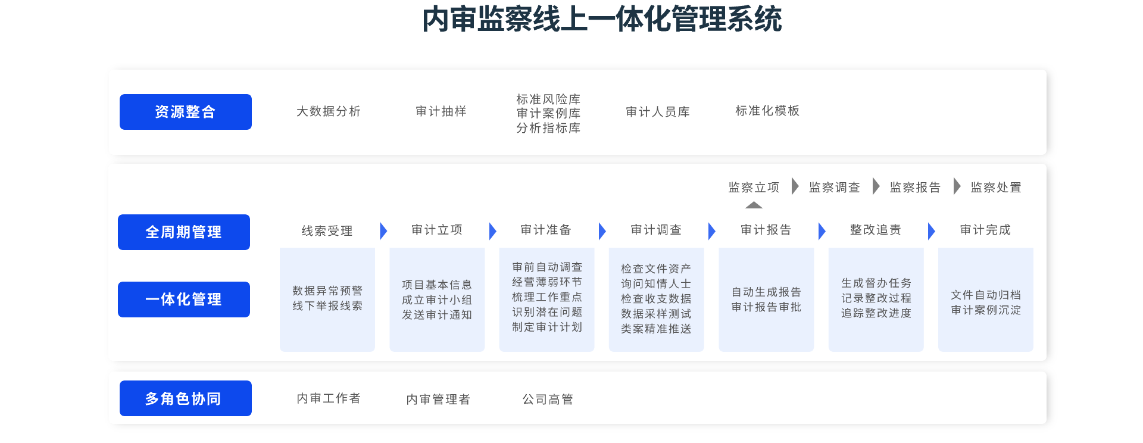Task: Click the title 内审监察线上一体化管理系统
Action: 602,19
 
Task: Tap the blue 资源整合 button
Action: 186,112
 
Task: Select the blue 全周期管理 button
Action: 184,232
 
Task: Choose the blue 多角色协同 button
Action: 186,398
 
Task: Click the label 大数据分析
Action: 329,111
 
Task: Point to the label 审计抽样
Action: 441,111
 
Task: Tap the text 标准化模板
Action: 767,111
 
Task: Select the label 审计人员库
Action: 658,112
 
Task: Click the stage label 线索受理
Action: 327,231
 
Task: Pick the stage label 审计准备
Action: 546,230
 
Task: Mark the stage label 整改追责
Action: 876,230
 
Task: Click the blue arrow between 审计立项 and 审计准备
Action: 493,231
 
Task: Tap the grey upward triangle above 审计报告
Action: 754,205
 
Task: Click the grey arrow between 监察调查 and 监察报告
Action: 876,186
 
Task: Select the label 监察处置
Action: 996,188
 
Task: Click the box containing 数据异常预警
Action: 327,300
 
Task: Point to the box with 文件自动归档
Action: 986,300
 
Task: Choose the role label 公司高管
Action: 548,400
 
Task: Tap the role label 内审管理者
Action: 438,400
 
